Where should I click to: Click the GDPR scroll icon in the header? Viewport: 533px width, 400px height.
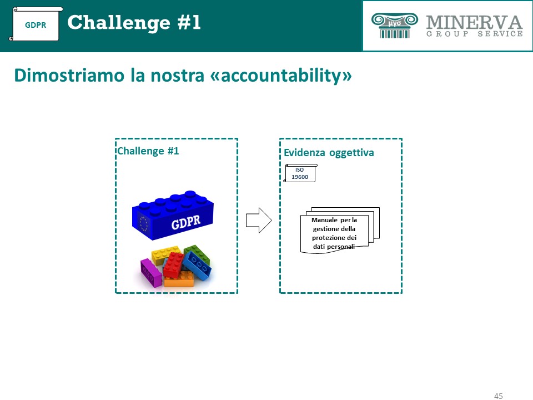(x=36, y=24)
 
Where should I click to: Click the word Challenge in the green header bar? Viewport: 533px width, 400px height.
(x=119, y=23)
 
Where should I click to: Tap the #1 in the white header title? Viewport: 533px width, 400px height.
(x=189, y=22)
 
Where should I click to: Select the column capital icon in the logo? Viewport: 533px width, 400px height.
(x=395, y=25)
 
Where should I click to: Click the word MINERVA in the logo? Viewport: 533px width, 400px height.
(x=475, y=22)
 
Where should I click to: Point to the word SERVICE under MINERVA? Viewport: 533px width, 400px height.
(x=500, y=34)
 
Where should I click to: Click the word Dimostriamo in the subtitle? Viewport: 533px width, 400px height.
(x=69, y=75)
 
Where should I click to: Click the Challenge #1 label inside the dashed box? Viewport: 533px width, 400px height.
(x=148, y=151)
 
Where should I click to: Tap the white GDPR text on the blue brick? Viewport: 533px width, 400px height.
(x=186, y=222)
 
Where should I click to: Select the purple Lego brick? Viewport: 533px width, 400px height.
(x=151, y=272)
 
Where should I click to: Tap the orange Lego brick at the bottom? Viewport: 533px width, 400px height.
(x=179, y=279)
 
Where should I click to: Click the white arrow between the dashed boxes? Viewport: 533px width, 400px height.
(x=259, y=220)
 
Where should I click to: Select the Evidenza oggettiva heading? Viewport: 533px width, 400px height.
(x=329, y=152)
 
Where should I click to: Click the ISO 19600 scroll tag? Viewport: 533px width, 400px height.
(x=300, y=173)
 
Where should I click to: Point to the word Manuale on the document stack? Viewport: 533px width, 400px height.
(x=324, y=220)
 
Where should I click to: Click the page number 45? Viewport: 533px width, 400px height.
(x=499, y=396)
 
